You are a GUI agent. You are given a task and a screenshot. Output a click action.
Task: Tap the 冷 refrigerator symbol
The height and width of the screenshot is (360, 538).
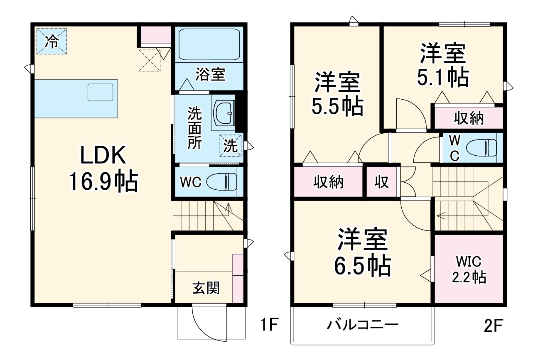pyautogui.click(x=52, y=41)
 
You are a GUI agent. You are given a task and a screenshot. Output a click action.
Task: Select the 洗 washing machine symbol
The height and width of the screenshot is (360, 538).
pyautogui.click(x=231, y=146)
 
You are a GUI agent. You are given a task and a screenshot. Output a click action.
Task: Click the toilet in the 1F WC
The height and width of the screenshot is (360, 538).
pyautogui.click(x=222, y=182)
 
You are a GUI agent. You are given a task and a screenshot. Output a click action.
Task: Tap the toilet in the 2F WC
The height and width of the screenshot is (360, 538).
pyautogui.click(x=481, y=147)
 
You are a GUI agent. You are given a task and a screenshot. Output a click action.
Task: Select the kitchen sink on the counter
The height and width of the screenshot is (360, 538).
pyautogui.click(x=101, y=92)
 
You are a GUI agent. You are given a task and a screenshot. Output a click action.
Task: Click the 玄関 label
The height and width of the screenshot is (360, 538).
pyautogui.click(x=206, y=288)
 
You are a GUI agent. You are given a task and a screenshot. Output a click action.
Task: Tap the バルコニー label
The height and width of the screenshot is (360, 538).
pyautogui.click(x=362, y=324)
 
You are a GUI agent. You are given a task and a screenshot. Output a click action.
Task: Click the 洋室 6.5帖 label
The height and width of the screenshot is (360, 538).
pyautogui.click(x=362, y=252)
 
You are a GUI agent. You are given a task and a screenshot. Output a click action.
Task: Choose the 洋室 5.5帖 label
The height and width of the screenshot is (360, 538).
pyautogui.click(x=337, y=94)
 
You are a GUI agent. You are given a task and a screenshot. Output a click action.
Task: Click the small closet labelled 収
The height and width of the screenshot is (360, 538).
pyautogui.click(x=382, y=181)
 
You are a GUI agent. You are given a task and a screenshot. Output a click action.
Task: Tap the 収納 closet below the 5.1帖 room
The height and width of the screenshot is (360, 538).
pyautogui.click(x=468, y=118)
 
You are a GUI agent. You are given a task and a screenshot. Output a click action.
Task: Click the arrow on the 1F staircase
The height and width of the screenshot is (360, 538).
pyautogui.click(x=228, y=208)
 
